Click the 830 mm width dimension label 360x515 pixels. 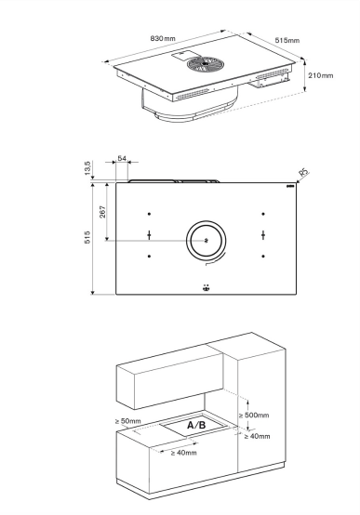click(x=163, y=38)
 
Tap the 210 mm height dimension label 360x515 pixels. click(x=321, y=75)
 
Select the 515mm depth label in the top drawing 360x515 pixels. click(x=287, y=40)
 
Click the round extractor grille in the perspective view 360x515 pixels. click(x=204, y=64)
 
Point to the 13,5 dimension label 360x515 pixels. click(x=87, y=168)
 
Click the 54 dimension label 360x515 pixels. click(x=122, y=158)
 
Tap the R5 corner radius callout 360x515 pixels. click(x=304, y=172)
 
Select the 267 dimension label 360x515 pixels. click(x=102, y=212)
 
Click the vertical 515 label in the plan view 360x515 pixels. click(x=87, y=237)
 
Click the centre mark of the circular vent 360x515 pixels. click(x=207, y=241)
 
